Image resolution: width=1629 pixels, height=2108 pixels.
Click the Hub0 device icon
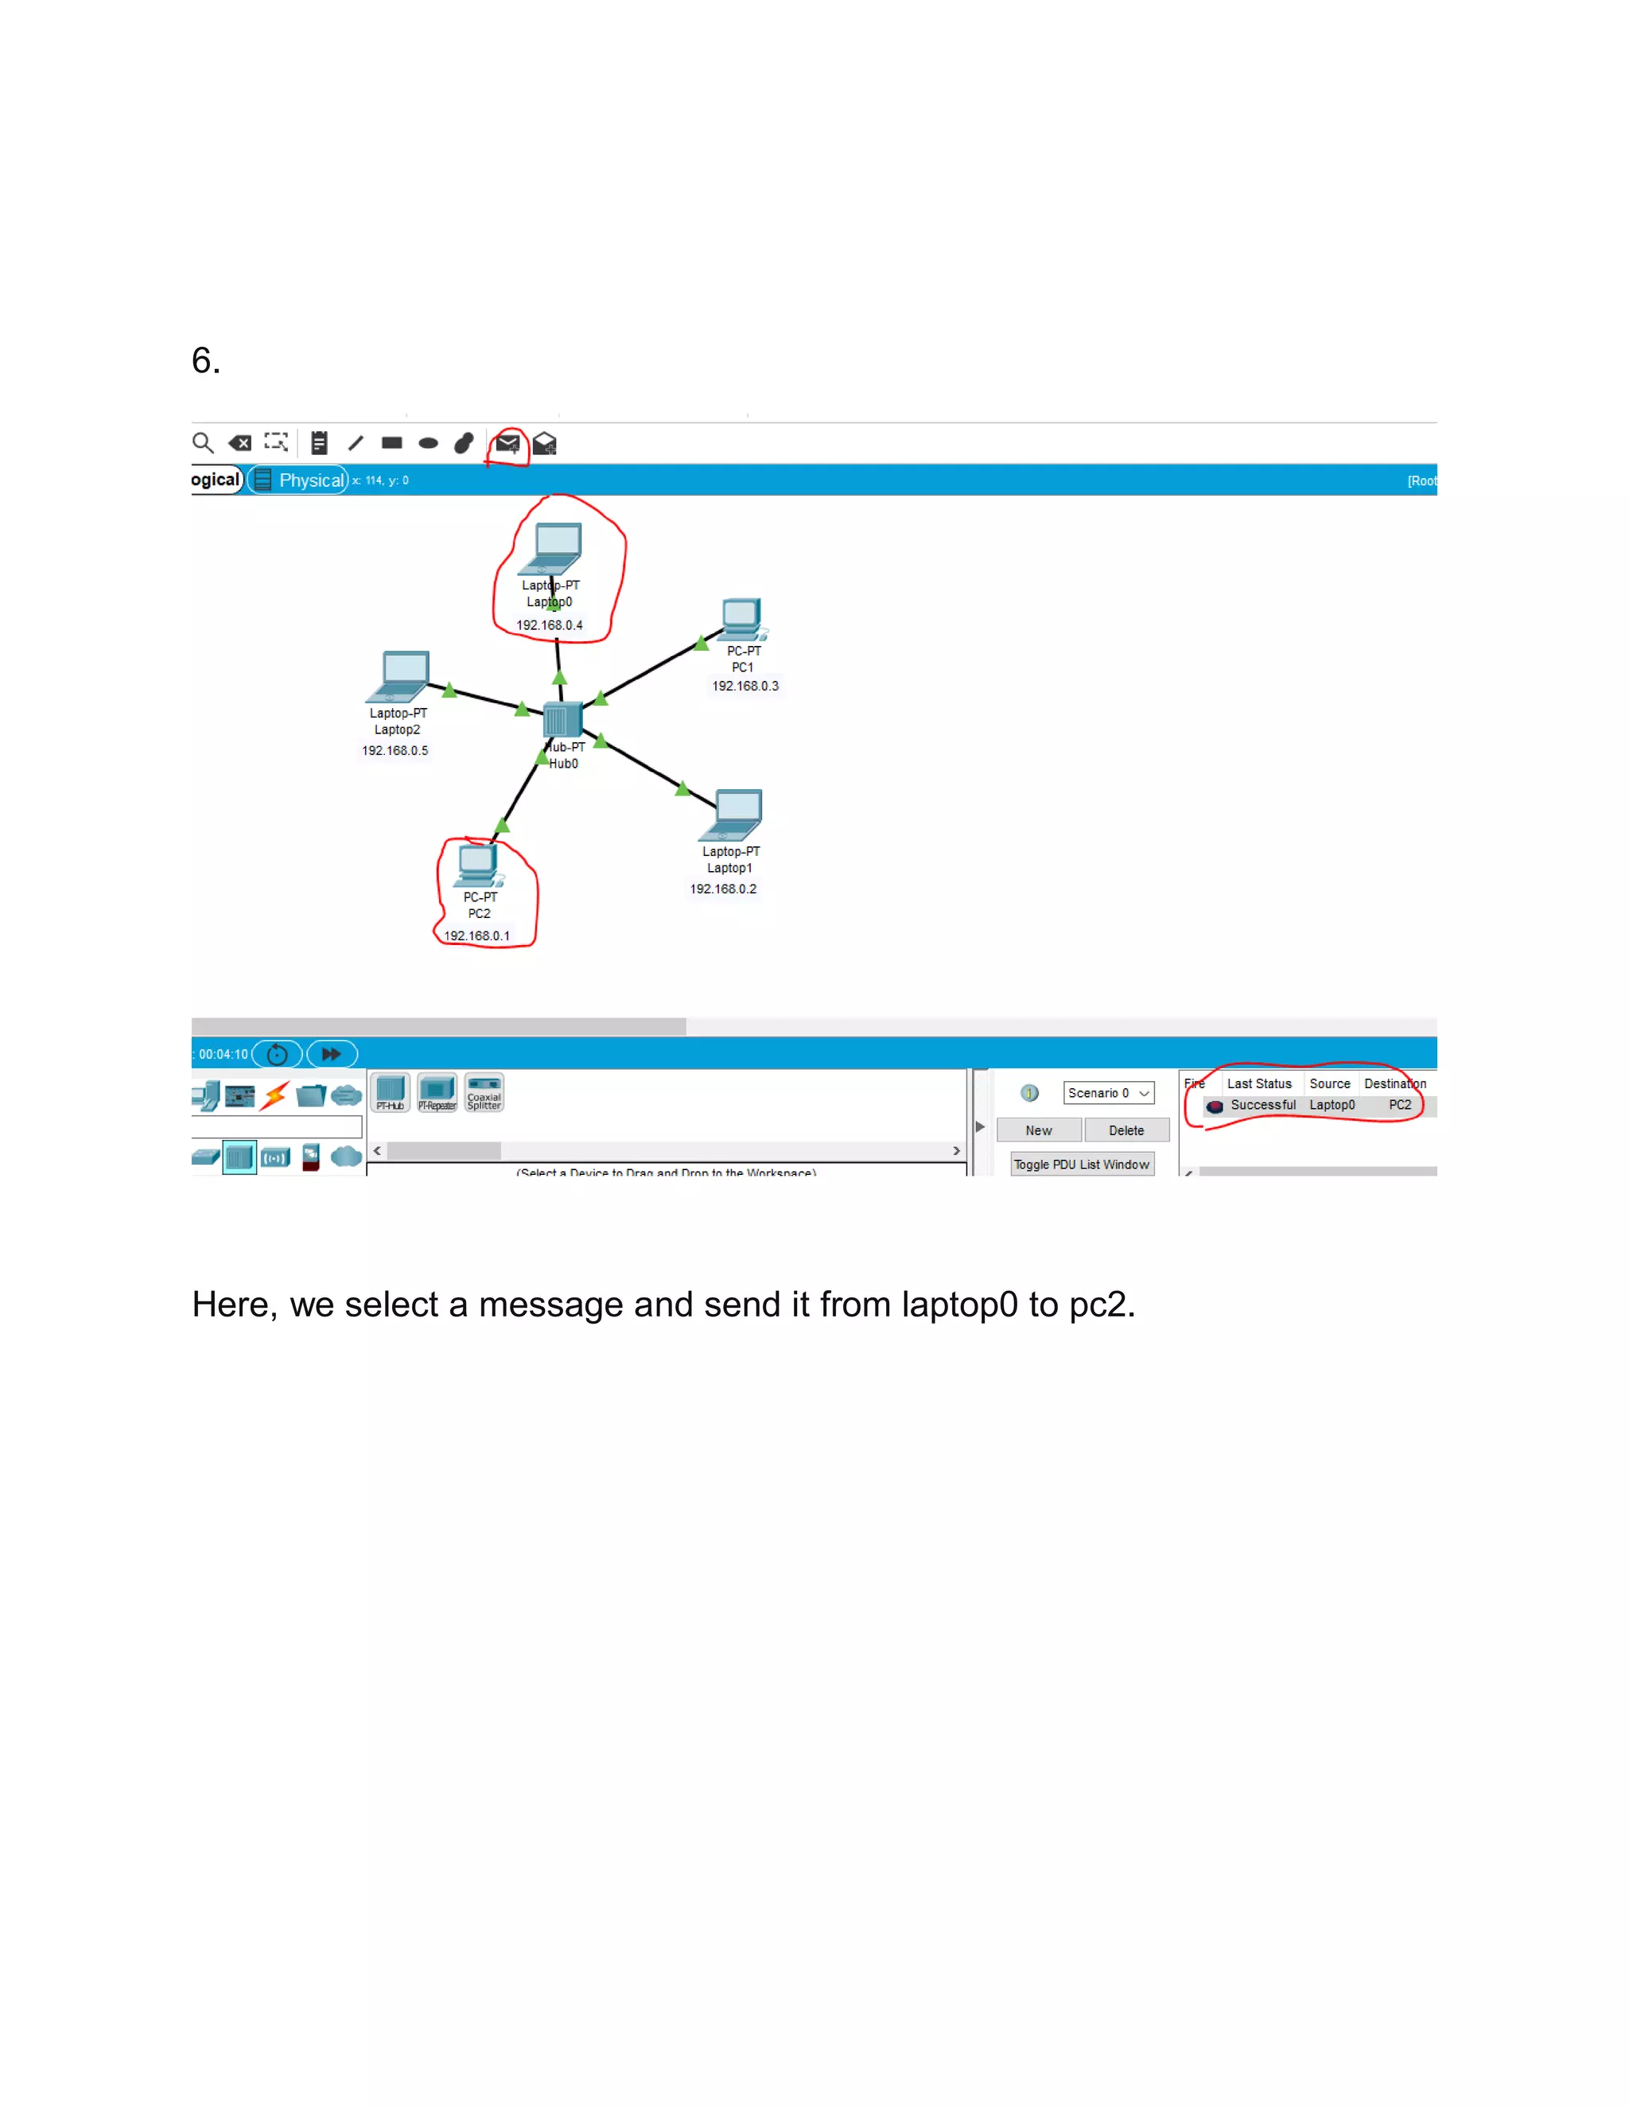562,719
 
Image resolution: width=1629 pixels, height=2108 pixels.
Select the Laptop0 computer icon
557,548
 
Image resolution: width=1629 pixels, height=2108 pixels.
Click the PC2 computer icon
479,865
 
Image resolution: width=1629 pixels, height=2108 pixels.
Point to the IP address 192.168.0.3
745,686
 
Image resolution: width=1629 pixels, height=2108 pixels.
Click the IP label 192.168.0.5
395,750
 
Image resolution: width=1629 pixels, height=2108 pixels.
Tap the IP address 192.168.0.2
723,889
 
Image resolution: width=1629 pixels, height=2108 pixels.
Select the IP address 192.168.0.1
476,935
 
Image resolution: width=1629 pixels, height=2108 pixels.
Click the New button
1038,1130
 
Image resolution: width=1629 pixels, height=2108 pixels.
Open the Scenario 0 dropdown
1108,1093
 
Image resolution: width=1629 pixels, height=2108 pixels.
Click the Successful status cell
1262,1105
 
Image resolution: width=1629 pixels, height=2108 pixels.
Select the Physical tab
309,480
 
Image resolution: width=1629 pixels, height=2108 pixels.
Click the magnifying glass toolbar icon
203,443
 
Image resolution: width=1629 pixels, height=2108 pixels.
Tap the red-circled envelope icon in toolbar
507,444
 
